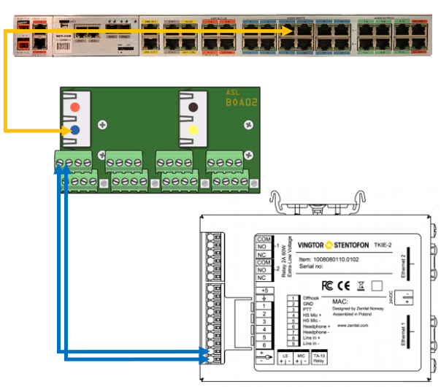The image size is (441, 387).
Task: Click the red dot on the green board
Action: click(76, 108)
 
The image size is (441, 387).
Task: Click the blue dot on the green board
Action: click(76, 130)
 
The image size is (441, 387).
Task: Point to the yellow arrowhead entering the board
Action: click(58, 130)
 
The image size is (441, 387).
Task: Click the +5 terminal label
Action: click(264, 290)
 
